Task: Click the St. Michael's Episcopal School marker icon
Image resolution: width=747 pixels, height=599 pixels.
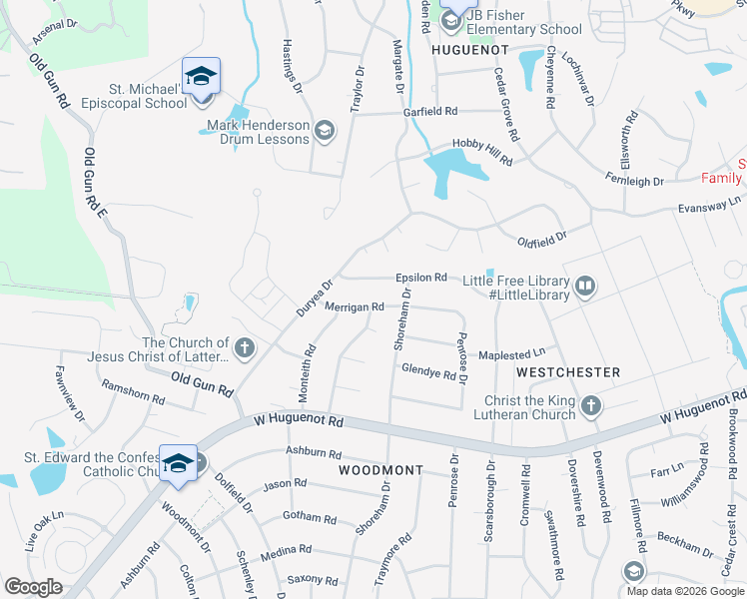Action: point(201,76)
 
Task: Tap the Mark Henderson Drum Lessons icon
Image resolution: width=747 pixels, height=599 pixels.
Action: point(324,131)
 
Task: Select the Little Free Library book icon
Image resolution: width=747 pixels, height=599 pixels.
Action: point(585,288)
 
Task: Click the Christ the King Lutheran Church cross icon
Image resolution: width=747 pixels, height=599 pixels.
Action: point(591,405)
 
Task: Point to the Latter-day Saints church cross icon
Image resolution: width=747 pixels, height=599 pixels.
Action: point(245,348)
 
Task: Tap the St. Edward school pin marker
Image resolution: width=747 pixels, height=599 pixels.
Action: point(179,462)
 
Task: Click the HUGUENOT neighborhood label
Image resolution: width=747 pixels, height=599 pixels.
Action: point(469,48)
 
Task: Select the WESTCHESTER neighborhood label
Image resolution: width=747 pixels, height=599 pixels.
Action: point(568,371)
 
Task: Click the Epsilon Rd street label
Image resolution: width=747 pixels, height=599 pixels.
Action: point(420,278)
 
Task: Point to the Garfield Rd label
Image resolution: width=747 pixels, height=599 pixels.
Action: point(430,111)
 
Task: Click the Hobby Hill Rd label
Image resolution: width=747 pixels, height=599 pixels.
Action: point(482,151)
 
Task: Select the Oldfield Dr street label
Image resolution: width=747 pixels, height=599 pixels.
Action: point(542,239)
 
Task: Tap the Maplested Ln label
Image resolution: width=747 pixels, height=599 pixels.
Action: point(511,351)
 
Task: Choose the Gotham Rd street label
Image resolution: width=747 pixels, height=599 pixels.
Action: point(311,518)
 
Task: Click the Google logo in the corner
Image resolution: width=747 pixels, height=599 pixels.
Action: point(33,587)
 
